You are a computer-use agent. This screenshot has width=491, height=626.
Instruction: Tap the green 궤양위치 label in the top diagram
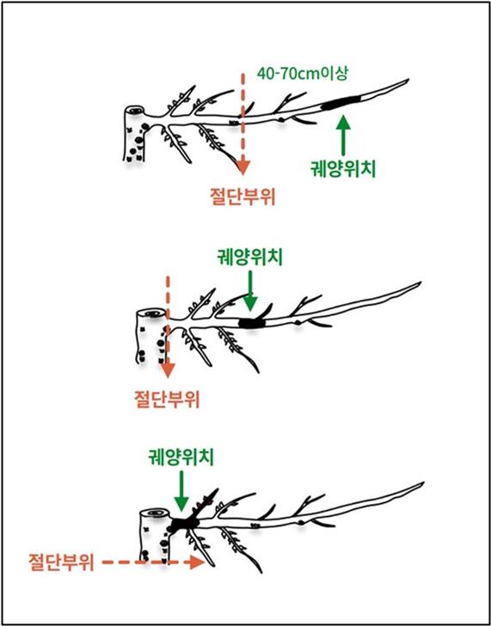click(x=342, y=169)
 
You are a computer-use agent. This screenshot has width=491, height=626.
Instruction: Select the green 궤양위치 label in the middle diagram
click(x=250, y=258)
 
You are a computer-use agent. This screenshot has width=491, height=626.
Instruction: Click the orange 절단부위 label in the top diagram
click(x=242, y=197)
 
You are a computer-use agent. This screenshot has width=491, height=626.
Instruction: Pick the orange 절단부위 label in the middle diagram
click(x=167, y=398)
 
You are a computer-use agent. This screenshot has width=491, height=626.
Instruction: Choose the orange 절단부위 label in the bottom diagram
click(x=61, y=563)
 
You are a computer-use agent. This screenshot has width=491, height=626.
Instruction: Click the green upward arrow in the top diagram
click(x=342, y=135)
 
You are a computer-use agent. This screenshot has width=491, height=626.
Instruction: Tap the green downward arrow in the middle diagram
click(x=250, y=291)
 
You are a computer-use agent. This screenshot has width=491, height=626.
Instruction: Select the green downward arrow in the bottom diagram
click(x=182, y=491)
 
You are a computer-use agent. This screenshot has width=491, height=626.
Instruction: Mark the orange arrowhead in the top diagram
click(x=242, y=167)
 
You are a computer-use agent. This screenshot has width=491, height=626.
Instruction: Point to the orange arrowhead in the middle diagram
click(x=168, y=370)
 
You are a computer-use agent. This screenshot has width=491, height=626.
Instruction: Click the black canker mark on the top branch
click(x=341, y=103)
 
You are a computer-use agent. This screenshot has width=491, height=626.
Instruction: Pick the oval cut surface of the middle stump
click(x=151, y=313)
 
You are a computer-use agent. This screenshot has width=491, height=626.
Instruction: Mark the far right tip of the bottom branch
click(x=423, y=483)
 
